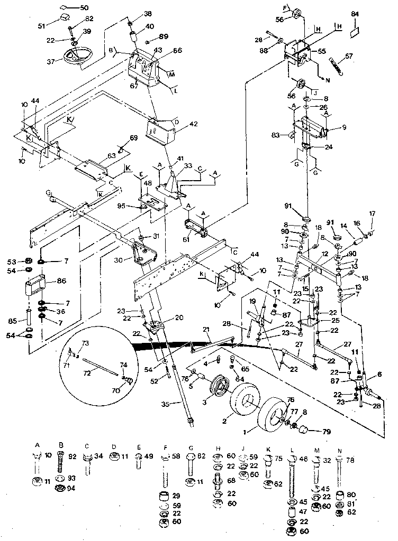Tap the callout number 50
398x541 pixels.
85,7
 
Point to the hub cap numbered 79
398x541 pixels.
305,428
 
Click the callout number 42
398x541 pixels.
193,125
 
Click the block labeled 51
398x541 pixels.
66,19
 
